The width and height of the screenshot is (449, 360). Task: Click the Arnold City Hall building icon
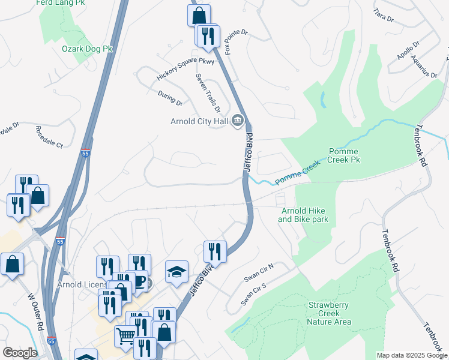click(x=238, y=122)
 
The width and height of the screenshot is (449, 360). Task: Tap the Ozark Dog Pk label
click(x=88, y=48)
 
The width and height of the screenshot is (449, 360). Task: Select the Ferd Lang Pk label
click(x=61, y=3)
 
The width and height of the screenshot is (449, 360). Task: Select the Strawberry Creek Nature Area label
click(x=328, y=313)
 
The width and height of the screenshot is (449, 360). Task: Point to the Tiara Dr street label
click(x=383, y=16)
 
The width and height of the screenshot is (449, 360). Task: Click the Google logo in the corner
click(x=20, y=353)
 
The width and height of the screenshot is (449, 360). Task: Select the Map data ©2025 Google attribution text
click(x=411, y=355)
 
